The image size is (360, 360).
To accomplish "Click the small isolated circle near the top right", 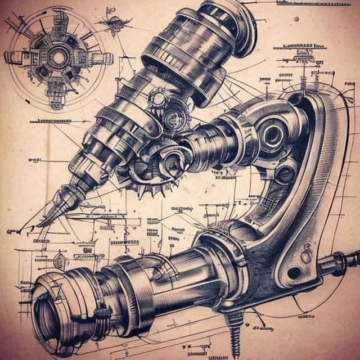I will point(296,19).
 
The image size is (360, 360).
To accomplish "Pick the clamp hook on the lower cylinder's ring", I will point(101,313).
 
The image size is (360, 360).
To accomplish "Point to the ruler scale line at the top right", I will point(315,4).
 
